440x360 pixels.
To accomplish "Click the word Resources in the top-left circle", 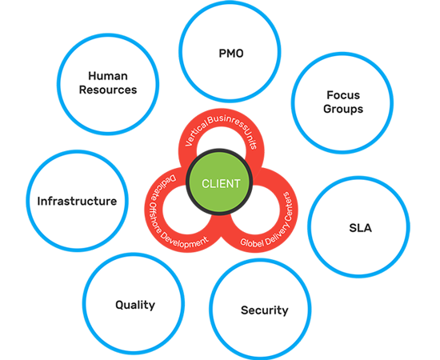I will tap(107, 90).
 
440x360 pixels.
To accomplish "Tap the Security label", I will tap(264, 310).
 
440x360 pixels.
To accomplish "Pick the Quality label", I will tap(135, 305).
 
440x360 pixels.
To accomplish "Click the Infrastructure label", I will tap(77, 201).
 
